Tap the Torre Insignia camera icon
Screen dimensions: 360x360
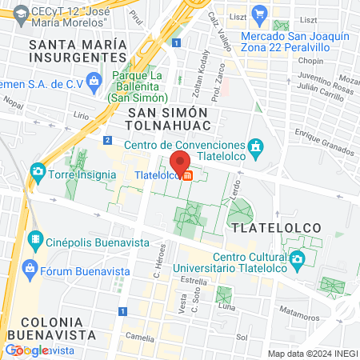click(x=38, y=171)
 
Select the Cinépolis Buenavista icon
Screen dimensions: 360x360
click(x=36, y=238)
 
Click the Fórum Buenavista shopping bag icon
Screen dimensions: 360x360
click(x=31, y=266)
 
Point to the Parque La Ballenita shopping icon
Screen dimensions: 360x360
click(x=94, y=80)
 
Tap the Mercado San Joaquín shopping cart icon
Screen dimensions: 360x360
click(x=258, y=14)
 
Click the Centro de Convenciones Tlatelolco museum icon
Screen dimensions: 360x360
click(x=256, y=147)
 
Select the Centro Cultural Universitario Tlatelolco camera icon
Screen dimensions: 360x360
click(x=297, y=259)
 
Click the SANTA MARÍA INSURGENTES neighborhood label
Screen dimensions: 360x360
click(x=78, y=51)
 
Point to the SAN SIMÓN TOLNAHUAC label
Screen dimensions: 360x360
click(x=169, y=119)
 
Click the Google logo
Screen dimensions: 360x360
click(x=26, y=350)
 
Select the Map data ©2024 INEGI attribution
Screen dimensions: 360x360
click(x=312, y=354)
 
